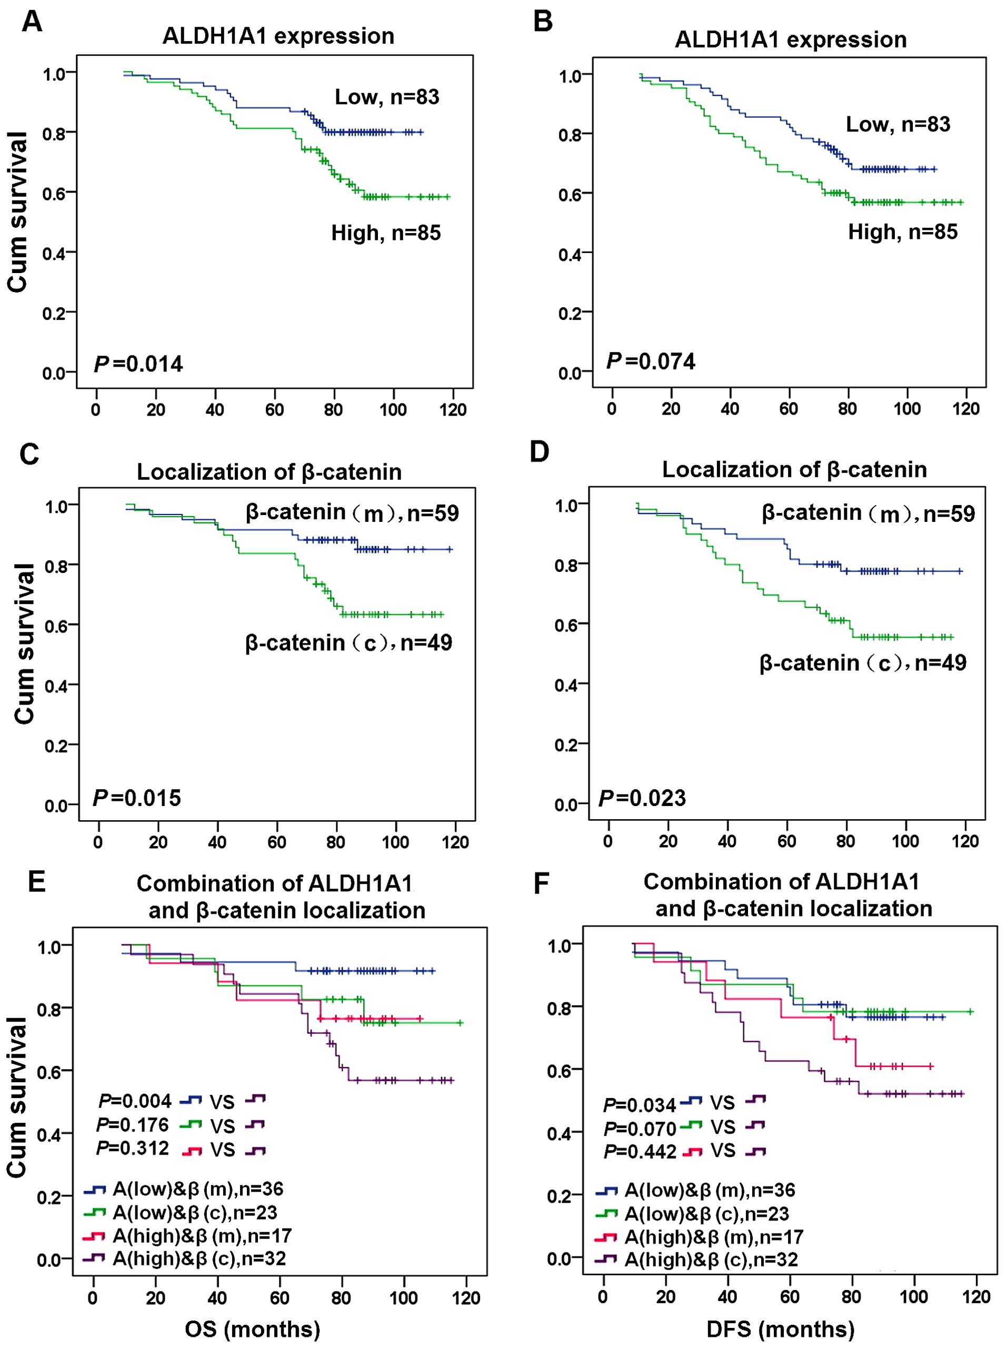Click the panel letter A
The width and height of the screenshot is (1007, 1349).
(x=32, y=23)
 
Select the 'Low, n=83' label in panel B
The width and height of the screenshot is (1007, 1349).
(x=898, y=124)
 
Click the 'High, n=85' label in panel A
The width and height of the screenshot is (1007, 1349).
(x=386, y=233)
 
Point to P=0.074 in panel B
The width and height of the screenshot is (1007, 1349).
(x=651, y=361)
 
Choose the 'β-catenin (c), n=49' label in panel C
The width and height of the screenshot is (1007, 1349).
(x=348, y=643)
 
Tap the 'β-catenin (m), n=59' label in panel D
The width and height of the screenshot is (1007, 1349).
(x=868, y=514)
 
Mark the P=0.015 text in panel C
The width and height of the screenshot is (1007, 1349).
(x=137, y=798)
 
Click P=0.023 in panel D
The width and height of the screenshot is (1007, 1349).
(x=643, y=798)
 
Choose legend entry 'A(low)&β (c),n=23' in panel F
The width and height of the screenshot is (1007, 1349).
(x=706, y=1214)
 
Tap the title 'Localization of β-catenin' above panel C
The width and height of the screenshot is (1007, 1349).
(x=269, y=472)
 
